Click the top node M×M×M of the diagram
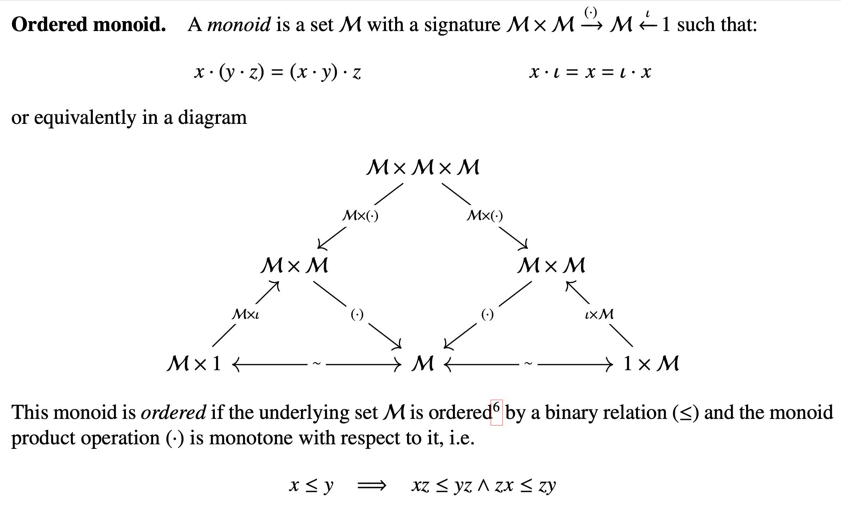[423, 167]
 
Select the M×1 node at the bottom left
[194, 363]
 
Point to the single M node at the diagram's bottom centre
[423, 363]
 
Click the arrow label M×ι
[246, 314]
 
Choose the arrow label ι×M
[599, 314]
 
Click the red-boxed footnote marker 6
[497, 413]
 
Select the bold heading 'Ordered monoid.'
[89, 25]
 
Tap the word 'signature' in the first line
[462, 25]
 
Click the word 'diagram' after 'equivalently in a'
[212, 118]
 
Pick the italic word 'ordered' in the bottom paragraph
[173, 412]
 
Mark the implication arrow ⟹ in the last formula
[372, 486]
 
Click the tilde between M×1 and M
[317, 363]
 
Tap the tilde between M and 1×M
[528, 363]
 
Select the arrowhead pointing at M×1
[236, 364]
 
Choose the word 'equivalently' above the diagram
[85, 118]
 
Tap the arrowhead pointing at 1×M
[609, 364]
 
